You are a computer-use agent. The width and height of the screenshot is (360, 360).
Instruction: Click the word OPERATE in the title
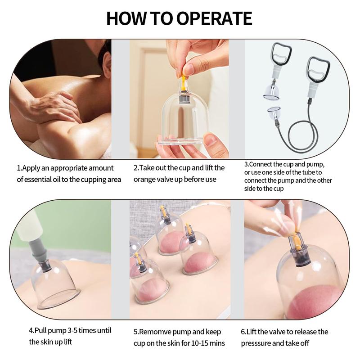[x=214, y=18]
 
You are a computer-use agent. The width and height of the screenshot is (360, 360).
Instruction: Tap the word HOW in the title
[x=126, y=18]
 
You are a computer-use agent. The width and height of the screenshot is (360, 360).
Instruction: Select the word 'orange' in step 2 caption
[x=147, y=180]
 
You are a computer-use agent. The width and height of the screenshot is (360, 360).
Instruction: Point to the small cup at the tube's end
[x=274, y=113]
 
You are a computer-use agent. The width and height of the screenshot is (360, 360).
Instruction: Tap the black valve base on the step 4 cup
[x=45, y=266]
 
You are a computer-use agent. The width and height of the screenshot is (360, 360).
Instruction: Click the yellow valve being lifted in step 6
[x=296, y=242]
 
